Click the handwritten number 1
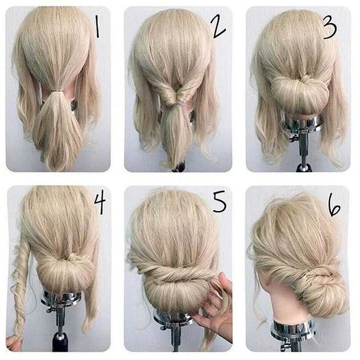97,27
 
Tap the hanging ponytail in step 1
57,129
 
